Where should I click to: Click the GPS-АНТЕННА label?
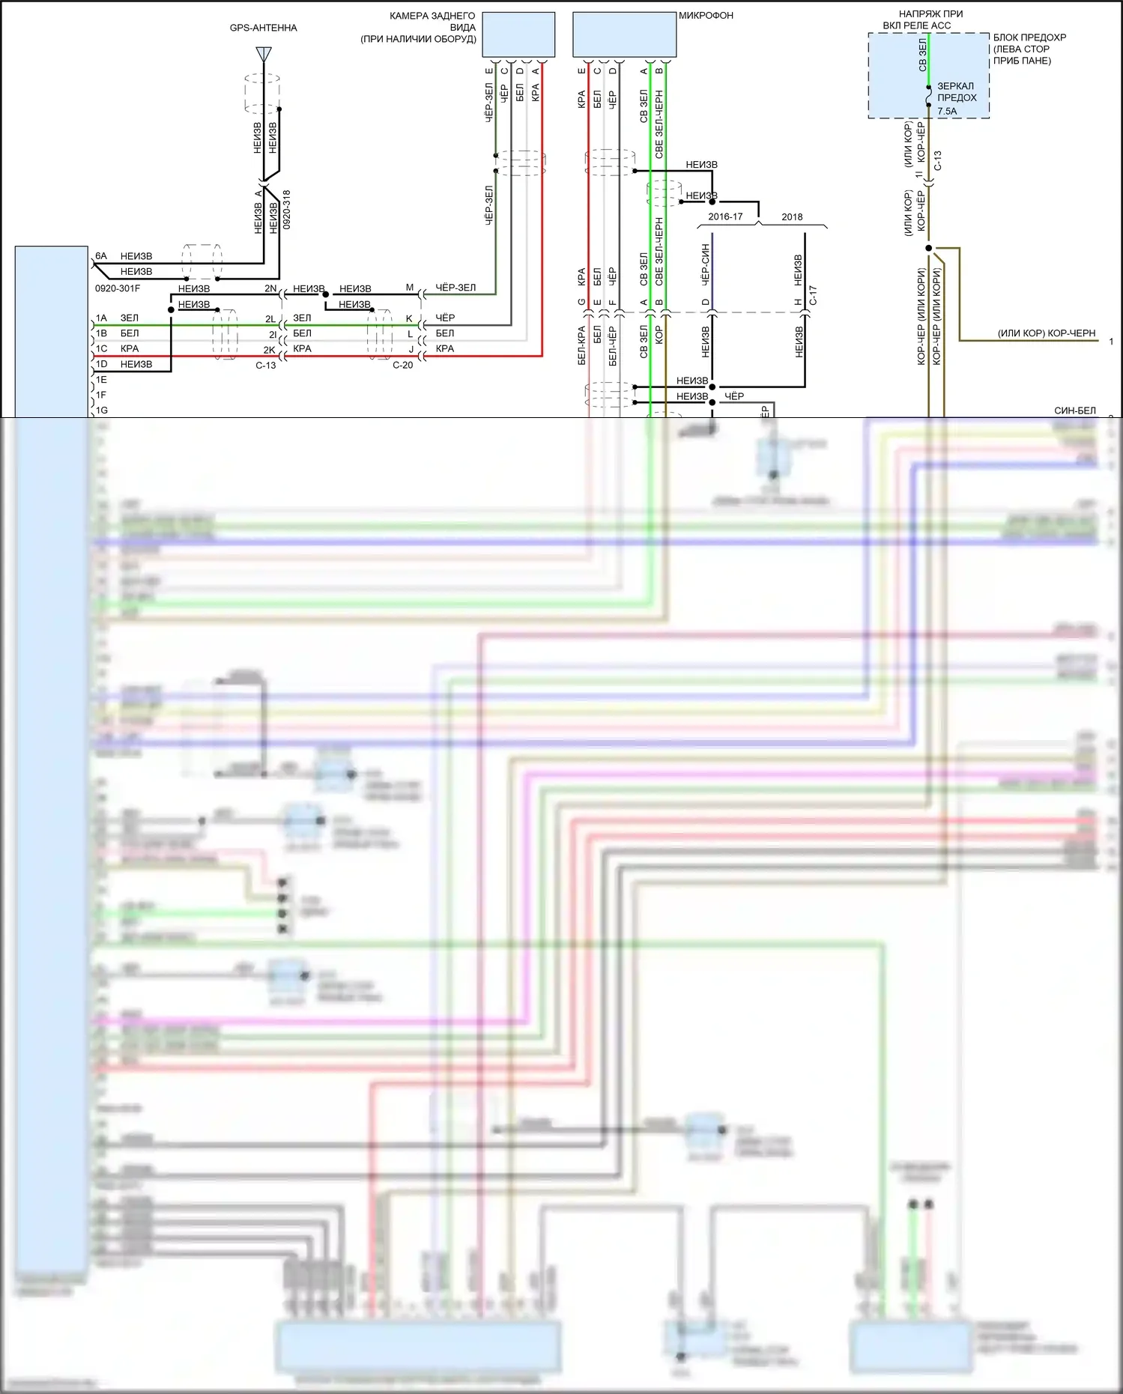[263, 28]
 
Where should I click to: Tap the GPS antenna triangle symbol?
[263, 54]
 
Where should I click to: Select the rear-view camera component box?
[518, 34]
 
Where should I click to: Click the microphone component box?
[624, 34]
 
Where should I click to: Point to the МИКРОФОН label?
[706, 15]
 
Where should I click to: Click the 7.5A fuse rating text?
[947, 111]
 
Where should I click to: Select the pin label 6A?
[101, 256]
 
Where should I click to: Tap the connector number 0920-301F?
[118, 288]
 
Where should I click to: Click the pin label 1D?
[101, 364]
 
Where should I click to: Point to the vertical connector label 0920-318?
[287, 209]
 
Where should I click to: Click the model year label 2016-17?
[725, 216]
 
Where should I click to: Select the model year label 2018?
[792, 216]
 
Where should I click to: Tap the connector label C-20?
[402, 365]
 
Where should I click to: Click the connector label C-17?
[813, 295]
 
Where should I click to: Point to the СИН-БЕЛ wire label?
[1074, 410]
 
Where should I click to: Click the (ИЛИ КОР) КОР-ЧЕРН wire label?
[1046, 333]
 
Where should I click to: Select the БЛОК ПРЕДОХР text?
[1029, 37]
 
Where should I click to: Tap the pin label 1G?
[101, 410]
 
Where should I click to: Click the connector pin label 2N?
[270, 288]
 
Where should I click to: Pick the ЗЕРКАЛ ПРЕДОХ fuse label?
[957, 91]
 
